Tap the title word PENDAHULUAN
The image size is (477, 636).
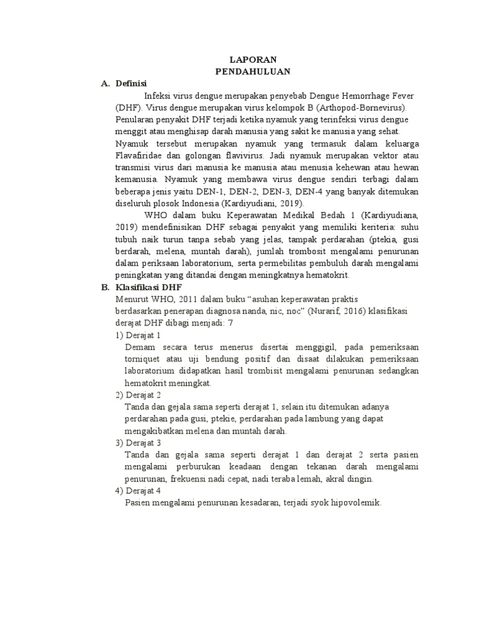tap(253, 72)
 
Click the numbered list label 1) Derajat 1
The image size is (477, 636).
tap(137, 335)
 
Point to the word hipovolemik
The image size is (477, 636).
tap(357, 502)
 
